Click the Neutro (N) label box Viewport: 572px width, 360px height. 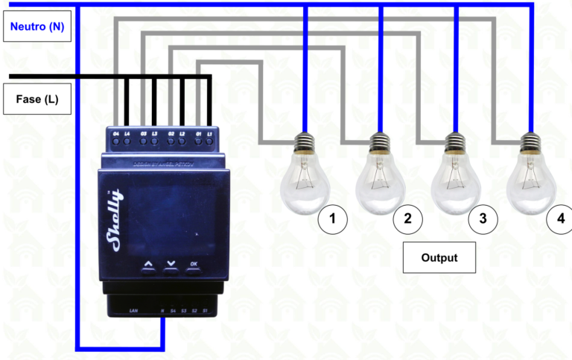click(x=36, y=27)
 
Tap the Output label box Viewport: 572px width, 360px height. click(x=439, y=258)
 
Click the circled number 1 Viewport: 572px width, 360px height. click(x=332, y=219)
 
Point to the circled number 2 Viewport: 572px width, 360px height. click(x=407, y=219)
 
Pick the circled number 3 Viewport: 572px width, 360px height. click(x=483, y=219)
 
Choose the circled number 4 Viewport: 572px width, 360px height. click(x=559, y=219)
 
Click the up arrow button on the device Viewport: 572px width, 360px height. click(x=148, y=264)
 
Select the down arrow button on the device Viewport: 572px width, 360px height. click(x=171, y=264)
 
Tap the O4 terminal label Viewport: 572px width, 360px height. click(x=116, y=133)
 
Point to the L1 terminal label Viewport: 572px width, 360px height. click(x=210, y=133)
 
